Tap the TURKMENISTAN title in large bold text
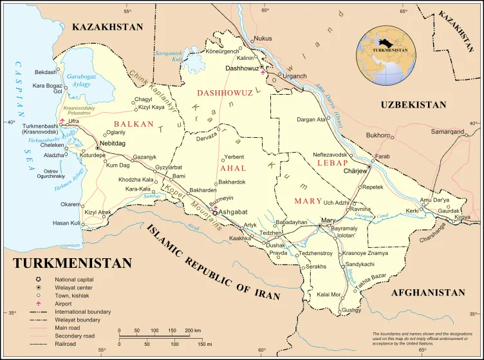tap(72, 263)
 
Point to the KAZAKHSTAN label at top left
tap(107, 27)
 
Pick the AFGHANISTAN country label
tap(427, 292)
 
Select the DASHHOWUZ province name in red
tap(224, 93)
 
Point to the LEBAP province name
tap(331, 163)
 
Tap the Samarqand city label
tap(447, 132)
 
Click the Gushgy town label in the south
tap(351, 310)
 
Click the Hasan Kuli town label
tap(66, 223)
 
